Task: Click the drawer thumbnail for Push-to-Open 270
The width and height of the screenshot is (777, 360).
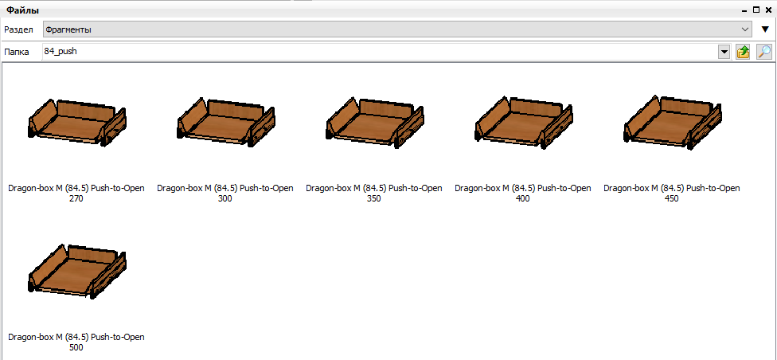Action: point(76,122)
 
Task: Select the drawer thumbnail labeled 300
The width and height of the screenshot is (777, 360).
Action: point(225,123)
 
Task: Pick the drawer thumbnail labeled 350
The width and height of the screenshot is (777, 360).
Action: point(375,122)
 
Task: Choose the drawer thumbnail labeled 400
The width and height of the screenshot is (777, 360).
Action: point(523,122)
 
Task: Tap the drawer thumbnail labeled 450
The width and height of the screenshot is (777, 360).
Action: point(672,122)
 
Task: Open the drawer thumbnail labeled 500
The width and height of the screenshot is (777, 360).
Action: point(76,271)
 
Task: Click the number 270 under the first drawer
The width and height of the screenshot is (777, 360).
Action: point(76,199)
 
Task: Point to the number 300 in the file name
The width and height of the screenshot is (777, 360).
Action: point(225,199)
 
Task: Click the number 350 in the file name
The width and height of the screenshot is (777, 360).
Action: point(374,199)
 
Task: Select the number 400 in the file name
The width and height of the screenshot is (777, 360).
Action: point(523,199)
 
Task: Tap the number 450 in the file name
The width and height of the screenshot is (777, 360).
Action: point(671,199)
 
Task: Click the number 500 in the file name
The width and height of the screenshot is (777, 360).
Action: point(76,347)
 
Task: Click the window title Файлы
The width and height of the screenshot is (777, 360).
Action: point(23,10)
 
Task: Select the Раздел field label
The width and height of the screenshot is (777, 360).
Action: point(19,29)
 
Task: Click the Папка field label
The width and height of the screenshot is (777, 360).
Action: point(17,52)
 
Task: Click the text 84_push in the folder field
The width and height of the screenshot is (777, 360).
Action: point(61,51)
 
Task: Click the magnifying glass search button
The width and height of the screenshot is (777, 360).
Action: point(764,52)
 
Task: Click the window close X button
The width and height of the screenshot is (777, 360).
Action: point(768,10)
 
